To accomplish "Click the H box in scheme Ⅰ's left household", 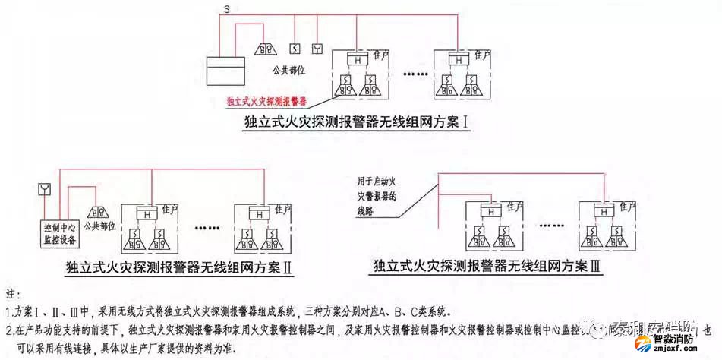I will [355, 58].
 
